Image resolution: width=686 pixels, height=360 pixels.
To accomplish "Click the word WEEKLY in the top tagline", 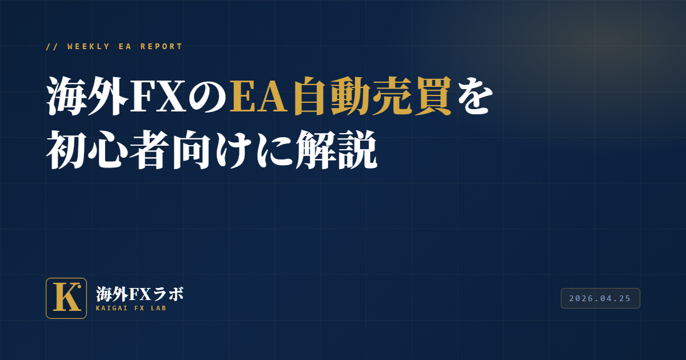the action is point(88,46).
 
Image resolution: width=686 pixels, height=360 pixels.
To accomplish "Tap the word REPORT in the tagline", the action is point(161,46).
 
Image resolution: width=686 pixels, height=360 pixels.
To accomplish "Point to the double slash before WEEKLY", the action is point(52,46).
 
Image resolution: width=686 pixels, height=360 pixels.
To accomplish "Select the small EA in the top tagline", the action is point(125,46).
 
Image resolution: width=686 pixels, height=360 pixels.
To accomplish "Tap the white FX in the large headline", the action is point(159,96).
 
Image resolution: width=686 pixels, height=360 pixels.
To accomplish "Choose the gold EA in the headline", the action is point(259,96).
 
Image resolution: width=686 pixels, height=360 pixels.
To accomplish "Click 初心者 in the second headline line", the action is point(108,149).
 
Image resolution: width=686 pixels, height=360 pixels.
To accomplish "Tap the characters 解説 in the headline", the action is point(336,149).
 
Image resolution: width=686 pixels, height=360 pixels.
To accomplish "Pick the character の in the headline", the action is point(208,97).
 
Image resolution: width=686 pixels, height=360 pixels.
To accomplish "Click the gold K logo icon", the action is point(66,298).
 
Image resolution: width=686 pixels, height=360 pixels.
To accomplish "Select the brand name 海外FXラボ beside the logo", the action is point(139,294).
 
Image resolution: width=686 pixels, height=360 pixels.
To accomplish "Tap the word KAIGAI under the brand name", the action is point(112,308).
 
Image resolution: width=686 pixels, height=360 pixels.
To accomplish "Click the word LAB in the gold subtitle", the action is point(159,308).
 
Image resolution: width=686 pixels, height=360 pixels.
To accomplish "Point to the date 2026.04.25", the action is point(600,298).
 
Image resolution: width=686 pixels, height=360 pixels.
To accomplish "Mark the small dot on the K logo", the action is point(79,287).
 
